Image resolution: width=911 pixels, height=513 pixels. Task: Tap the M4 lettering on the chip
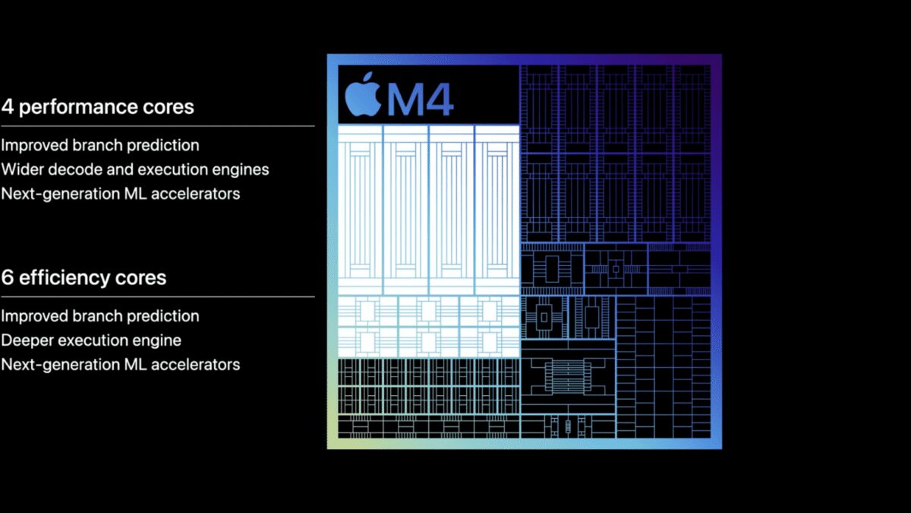point(420,100)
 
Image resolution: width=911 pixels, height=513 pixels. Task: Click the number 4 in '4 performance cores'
point(8,106)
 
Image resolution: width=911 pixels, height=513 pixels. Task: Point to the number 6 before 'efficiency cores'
point(8,277)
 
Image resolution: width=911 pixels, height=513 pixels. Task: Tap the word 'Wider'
point(22,169)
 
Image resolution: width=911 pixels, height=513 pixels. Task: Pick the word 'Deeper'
point(27,340)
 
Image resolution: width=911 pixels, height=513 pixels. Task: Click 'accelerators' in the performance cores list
point(196,194)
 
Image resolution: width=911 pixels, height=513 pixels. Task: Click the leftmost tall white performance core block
point(360,210)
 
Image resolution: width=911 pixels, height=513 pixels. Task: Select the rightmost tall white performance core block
point(497,210)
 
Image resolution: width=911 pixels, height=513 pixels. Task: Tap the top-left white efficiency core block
point(367,311)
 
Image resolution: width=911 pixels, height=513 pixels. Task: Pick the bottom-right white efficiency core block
point(490,343)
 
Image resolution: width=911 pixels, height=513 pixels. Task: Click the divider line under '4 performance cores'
point(158,126)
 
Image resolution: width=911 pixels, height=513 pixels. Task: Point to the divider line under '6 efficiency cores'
point(158,297)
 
